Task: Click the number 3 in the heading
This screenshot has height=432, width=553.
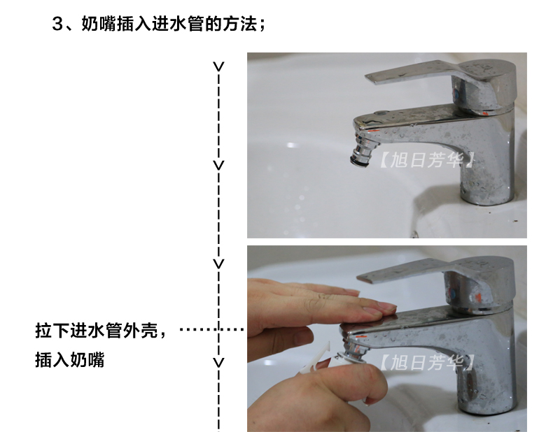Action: tap(57, 24)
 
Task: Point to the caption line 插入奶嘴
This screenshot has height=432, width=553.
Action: tap(70, 360)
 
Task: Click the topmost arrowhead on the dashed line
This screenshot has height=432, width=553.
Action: tap(218, 66)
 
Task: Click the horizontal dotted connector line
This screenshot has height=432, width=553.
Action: tap(211, 329)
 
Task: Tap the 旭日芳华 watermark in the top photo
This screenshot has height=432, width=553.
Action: tap(427, 160)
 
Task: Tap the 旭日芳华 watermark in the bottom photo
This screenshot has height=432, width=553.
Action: tap(427, 362)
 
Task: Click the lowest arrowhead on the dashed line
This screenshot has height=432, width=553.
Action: tap(218, 362)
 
